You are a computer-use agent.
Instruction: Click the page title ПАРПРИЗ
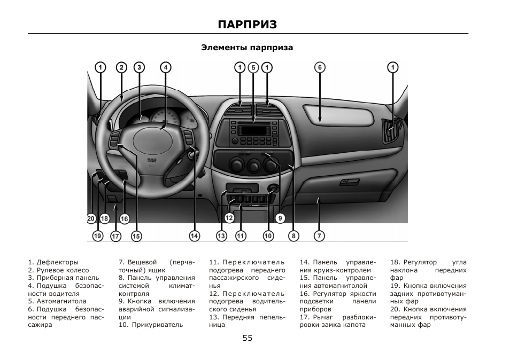(248, 25)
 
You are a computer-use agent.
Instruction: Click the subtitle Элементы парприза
(247, 48)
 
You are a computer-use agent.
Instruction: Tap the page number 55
(247, 338)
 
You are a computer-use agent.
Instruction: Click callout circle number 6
(320, 67)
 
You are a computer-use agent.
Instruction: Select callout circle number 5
(253, 67)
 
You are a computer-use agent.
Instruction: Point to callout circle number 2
(122, 67)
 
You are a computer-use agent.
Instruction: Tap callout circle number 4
(166, 67)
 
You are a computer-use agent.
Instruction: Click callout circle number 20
(91, 218)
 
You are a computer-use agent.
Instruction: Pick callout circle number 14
(195, 236)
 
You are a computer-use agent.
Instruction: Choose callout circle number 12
(229, 218)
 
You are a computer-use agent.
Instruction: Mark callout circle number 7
(319, 236)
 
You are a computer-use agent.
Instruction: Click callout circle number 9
(280, 218)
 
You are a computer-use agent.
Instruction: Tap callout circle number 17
(115, 236)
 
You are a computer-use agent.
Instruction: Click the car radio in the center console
(254, 132)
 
